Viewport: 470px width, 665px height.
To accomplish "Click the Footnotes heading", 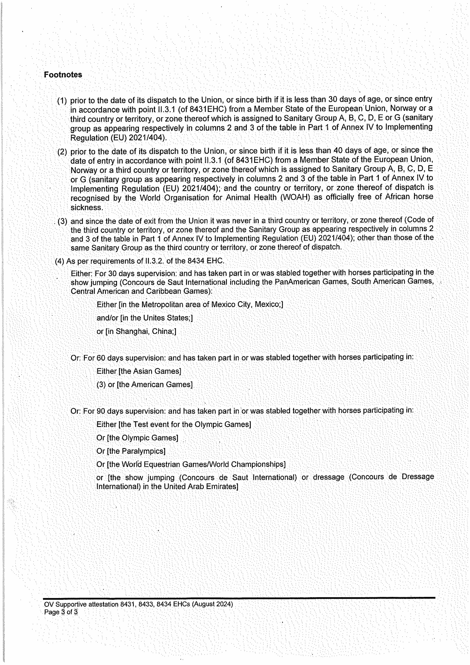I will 63,75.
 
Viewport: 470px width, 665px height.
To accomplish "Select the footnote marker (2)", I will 62,152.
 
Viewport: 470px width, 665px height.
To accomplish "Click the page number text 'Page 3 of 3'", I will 61,612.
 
